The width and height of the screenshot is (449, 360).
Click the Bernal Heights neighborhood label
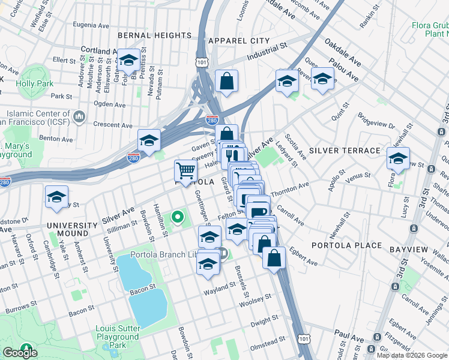154,35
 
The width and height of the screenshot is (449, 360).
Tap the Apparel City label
239,40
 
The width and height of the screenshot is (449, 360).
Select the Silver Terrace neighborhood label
345,150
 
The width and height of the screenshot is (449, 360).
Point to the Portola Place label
346,245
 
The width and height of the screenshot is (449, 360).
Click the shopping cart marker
185,172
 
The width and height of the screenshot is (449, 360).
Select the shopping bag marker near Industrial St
226,81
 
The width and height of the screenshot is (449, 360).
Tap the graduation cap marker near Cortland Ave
128,60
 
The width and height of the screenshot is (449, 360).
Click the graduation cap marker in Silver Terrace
397,158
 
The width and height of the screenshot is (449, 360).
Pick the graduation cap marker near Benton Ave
148,141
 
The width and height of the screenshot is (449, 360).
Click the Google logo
20,353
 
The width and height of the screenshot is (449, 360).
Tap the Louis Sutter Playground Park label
118,337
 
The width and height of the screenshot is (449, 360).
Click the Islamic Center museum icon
79,115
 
